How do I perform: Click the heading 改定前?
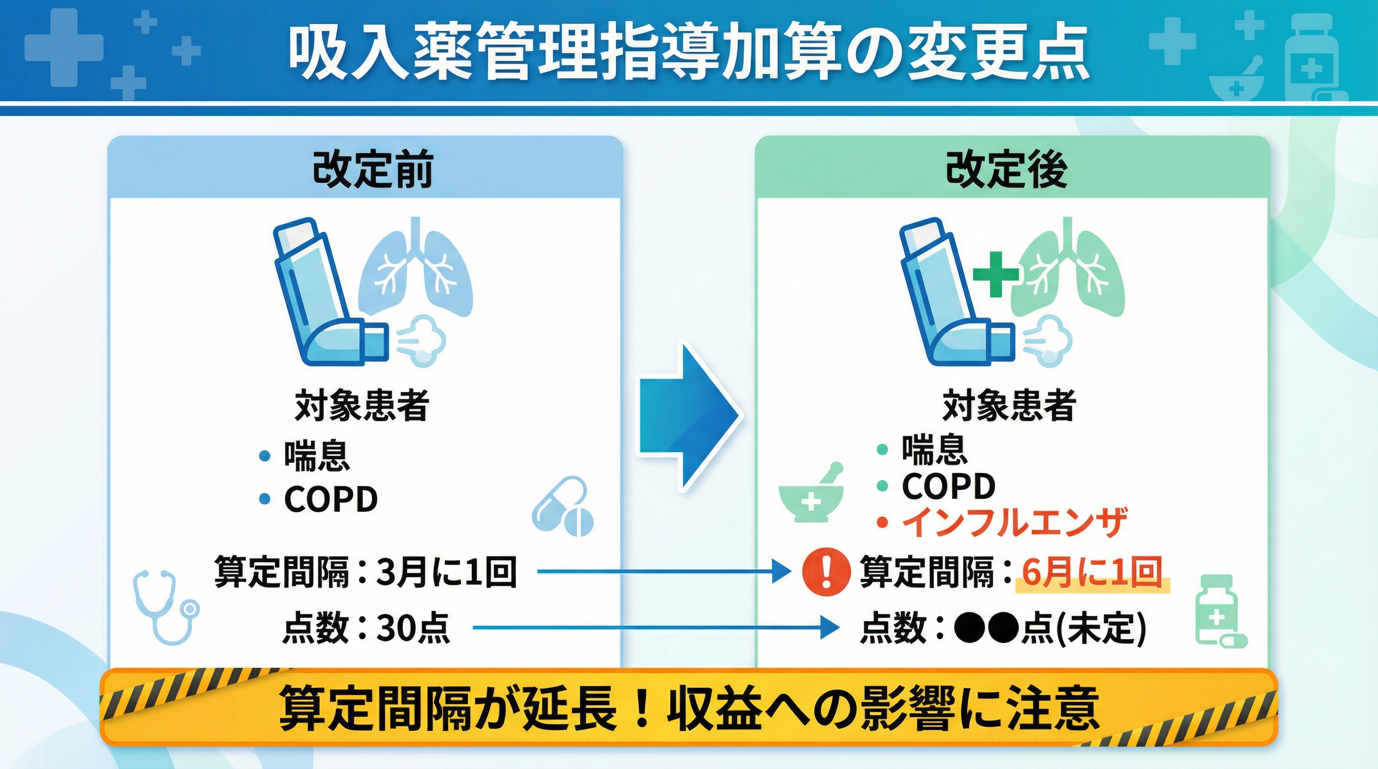(373, 170)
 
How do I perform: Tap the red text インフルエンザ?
(1014, 522)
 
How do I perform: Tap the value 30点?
(413, 628)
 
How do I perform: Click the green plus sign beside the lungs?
(995, 274)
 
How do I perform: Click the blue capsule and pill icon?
(563, 507)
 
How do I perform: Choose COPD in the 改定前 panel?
(330, 500)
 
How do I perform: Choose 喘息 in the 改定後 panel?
(934, 449)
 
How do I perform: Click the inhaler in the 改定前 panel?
(326, 291)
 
